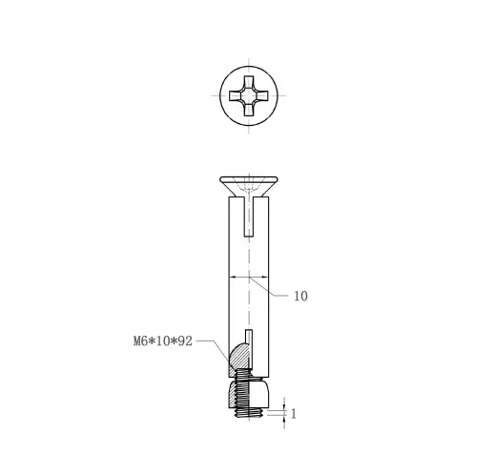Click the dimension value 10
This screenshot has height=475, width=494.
coord(300,296)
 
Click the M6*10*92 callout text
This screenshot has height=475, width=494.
coord(163,341)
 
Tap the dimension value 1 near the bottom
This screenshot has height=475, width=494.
coord(294,414)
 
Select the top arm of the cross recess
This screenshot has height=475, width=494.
coord(249,83)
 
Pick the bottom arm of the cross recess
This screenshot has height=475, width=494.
coord(249,109)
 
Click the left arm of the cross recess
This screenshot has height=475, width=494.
coord(236,95)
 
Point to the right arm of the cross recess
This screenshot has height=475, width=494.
coord(261,95)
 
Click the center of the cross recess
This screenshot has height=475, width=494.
coord(249,95)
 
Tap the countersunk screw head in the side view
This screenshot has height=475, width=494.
coord(249,186)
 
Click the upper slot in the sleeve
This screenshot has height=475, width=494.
coord(249,217)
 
